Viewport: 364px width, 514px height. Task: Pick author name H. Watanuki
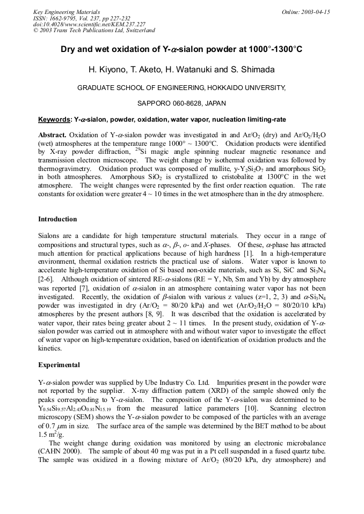pos(198,70)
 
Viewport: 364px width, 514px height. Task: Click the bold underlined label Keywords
pos(54,119)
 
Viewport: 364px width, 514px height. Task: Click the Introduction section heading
pos(57,219)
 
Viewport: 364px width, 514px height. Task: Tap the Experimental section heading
pos(59,365)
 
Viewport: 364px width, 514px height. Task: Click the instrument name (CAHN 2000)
pos(60,452)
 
